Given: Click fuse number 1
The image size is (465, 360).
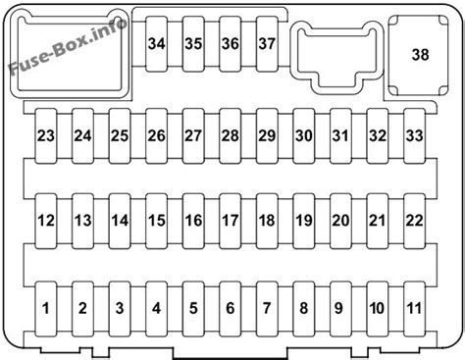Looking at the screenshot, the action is (46, 308).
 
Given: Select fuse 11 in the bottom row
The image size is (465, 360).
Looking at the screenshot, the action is (415, 308).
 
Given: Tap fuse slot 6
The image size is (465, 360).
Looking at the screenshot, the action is (230, 308).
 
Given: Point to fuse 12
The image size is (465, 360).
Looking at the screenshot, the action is (46, 221).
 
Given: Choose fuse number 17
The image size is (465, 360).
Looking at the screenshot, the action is (230, 221).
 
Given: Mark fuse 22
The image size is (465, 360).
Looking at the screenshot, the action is (415, 221).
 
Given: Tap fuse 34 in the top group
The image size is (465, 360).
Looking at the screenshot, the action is (157, 44).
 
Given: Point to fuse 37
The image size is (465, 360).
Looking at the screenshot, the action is (267, 44).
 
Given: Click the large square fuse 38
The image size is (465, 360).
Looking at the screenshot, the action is (420, 57).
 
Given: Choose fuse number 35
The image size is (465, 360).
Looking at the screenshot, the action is (193, 44).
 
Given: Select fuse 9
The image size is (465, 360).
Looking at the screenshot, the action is (340, 308).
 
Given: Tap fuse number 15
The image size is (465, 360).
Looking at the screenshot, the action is (156, 221).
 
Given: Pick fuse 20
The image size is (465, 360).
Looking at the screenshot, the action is (340, 221).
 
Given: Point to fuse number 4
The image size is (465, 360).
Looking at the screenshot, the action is (156, 308).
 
